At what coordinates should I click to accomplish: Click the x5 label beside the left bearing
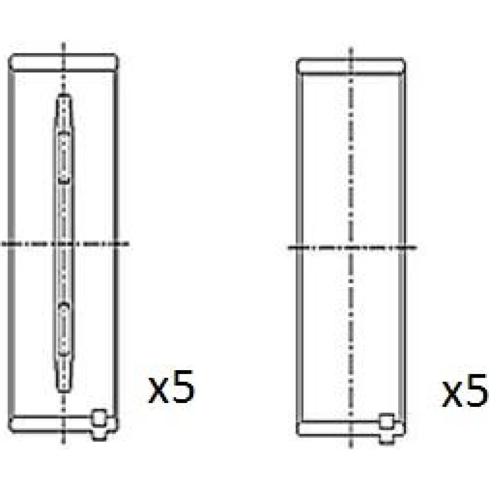pos(172,387)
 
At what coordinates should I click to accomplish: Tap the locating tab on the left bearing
pos(99,424)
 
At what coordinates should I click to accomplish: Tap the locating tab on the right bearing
pos(387,428)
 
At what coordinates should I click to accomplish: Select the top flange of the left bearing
pos(64,63)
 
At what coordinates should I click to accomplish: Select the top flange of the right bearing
pos(351,67)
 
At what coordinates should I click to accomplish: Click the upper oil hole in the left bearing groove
pos(64,157)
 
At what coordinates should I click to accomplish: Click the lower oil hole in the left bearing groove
pos(64,329)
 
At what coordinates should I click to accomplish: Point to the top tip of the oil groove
pos(64,94)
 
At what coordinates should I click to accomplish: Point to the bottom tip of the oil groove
pos(64,391)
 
